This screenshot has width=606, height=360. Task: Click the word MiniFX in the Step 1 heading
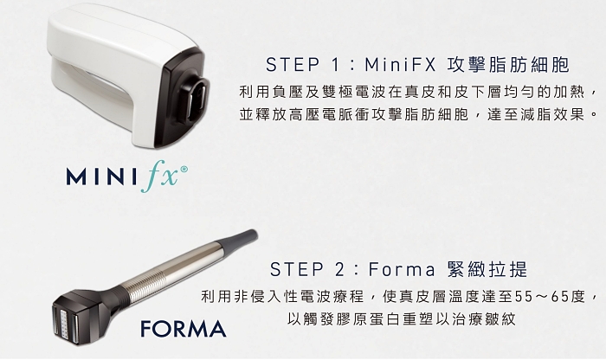coord(400,65)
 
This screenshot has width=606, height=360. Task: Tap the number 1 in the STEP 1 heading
coord(335,65)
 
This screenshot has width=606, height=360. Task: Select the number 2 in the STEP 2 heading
coord(339,269)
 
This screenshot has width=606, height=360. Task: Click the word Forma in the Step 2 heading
coord(402,269)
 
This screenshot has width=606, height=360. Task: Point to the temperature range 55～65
coord(548,297)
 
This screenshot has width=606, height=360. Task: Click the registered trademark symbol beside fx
coord(184,170)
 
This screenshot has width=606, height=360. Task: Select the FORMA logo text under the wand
coord(184,328)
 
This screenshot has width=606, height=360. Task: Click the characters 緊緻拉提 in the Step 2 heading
coord(487,269)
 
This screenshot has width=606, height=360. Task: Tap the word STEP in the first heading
coord(293,65)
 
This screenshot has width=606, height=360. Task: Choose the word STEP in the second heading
coord(296,269)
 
